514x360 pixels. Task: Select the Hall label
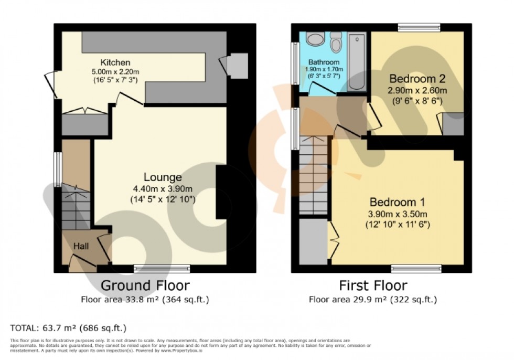(x=80, y=246)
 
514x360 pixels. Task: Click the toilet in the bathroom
(x=336, y=42)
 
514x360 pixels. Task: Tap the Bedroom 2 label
(x=416, y=79)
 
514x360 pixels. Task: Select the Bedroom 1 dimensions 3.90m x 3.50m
(x=398, y=214)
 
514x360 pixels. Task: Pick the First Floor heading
(x=373, y=285)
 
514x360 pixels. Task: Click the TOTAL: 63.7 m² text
(x=68, y=329)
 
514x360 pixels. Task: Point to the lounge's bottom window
(x=154, y=269)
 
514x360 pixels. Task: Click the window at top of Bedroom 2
(x=419, y=27)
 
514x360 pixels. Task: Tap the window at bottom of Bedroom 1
(x=416, y=269)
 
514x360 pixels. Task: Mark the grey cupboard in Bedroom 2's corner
(x=454, y=124)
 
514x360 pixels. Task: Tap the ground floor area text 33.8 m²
(x=145, y=300)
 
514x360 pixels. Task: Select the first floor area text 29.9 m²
(x=373, y=300)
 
